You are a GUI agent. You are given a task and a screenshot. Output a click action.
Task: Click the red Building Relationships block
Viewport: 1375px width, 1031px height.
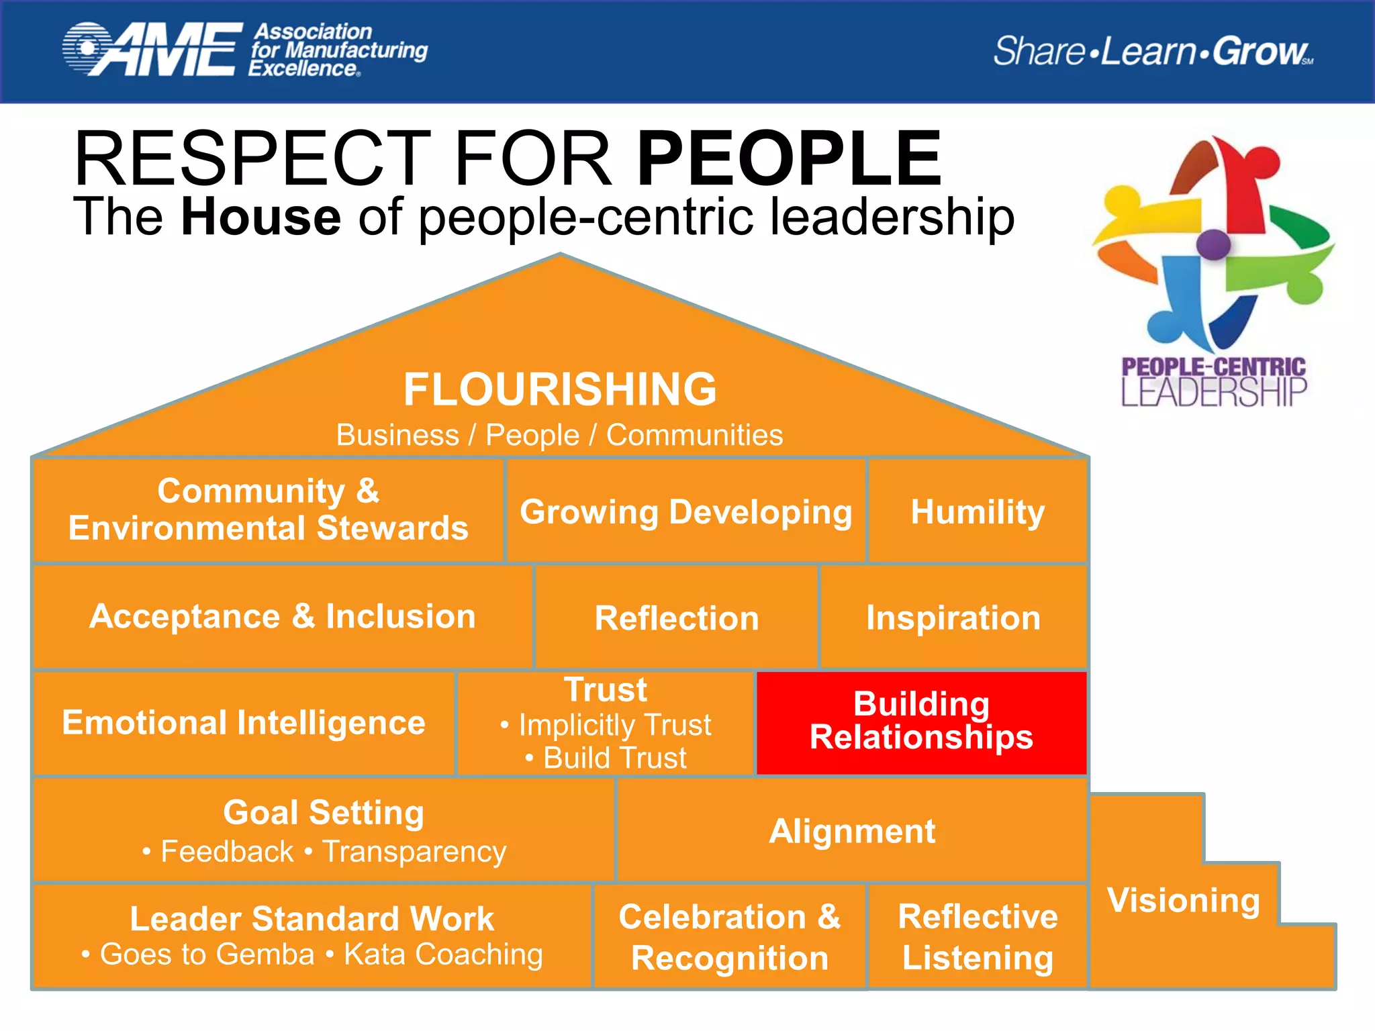coord(921,722)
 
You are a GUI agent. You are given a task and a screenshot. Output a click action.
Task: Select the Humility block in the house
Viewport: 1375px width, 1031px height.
coord(978,512)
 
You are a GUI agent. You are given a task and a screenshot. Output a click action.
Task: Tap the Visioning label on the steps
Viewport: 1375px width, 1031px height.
coord(1184,900)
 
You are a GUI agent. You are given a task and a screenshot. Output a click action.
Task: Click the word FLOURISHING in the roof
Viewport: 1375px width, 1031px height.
coord(560,389)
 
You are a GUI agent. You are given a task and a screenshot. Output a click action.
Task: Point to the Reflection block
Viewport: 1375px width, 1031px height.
coord(677,618)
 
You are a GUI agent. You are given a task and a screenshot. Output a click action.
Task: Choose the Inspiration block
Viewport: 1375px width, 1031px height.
coord(953,618)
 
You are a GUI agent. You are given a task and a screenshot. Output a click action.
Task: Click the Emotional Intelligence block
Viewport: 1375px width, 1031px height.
coord(244,723)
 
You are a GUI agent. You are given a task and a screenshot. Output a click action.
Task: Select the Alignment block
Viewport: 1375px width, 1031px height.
coord(851,831)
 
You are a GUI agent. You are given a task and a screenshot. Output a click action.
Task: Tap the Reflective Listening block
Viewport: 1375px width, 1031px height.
coord(978,937)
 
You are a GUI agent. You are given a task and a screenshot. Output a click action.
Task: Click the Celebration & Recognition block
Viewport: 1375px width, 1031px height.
coord(730,937)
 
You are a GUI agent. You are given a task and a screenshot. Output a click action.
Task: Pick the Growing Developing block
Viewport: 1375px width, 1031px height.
coord(686,512)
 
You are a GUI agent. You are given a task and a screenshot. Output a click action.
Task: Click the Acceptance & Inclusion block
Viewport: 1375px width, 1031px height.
coord(283,616)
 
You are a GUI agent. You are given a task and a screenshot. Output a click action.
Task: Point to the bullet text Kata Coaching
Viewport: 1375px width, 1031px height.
coord(443,954)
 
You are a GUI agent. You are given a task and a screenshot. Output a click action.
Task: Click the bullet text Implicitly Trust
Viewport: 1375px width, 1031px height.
coord(614,725)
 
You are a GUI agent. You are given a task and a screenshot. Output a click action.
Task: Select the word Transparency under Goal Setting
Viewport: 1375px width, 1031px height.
coord(414,852)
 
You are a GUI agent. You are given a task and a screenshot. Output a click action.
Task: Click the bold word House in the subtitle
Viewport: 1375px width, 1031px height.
coord(261,217)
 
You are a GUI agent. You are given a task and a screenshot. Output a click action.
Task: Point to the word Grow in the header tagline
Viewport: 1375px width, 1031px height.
coord(1260,51)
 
